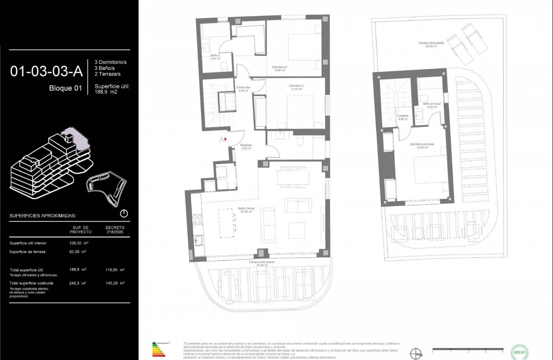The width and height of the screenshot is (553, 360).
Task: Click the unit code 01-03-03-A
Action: pos(46,72)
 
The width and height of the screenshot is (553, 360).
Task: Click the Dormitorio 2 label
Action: pos(279,68)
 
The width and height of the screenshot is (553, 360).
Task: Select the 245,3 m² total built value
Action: pos(78,283)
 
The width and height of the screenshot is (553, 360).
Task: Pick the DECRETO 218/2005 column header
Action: pos(115,230)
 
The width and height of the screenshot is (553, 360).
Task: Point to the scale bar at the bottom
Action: pos(467,349)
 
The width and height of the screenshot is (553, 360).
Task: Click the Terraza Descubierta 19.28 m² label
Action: pos(261,263)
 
